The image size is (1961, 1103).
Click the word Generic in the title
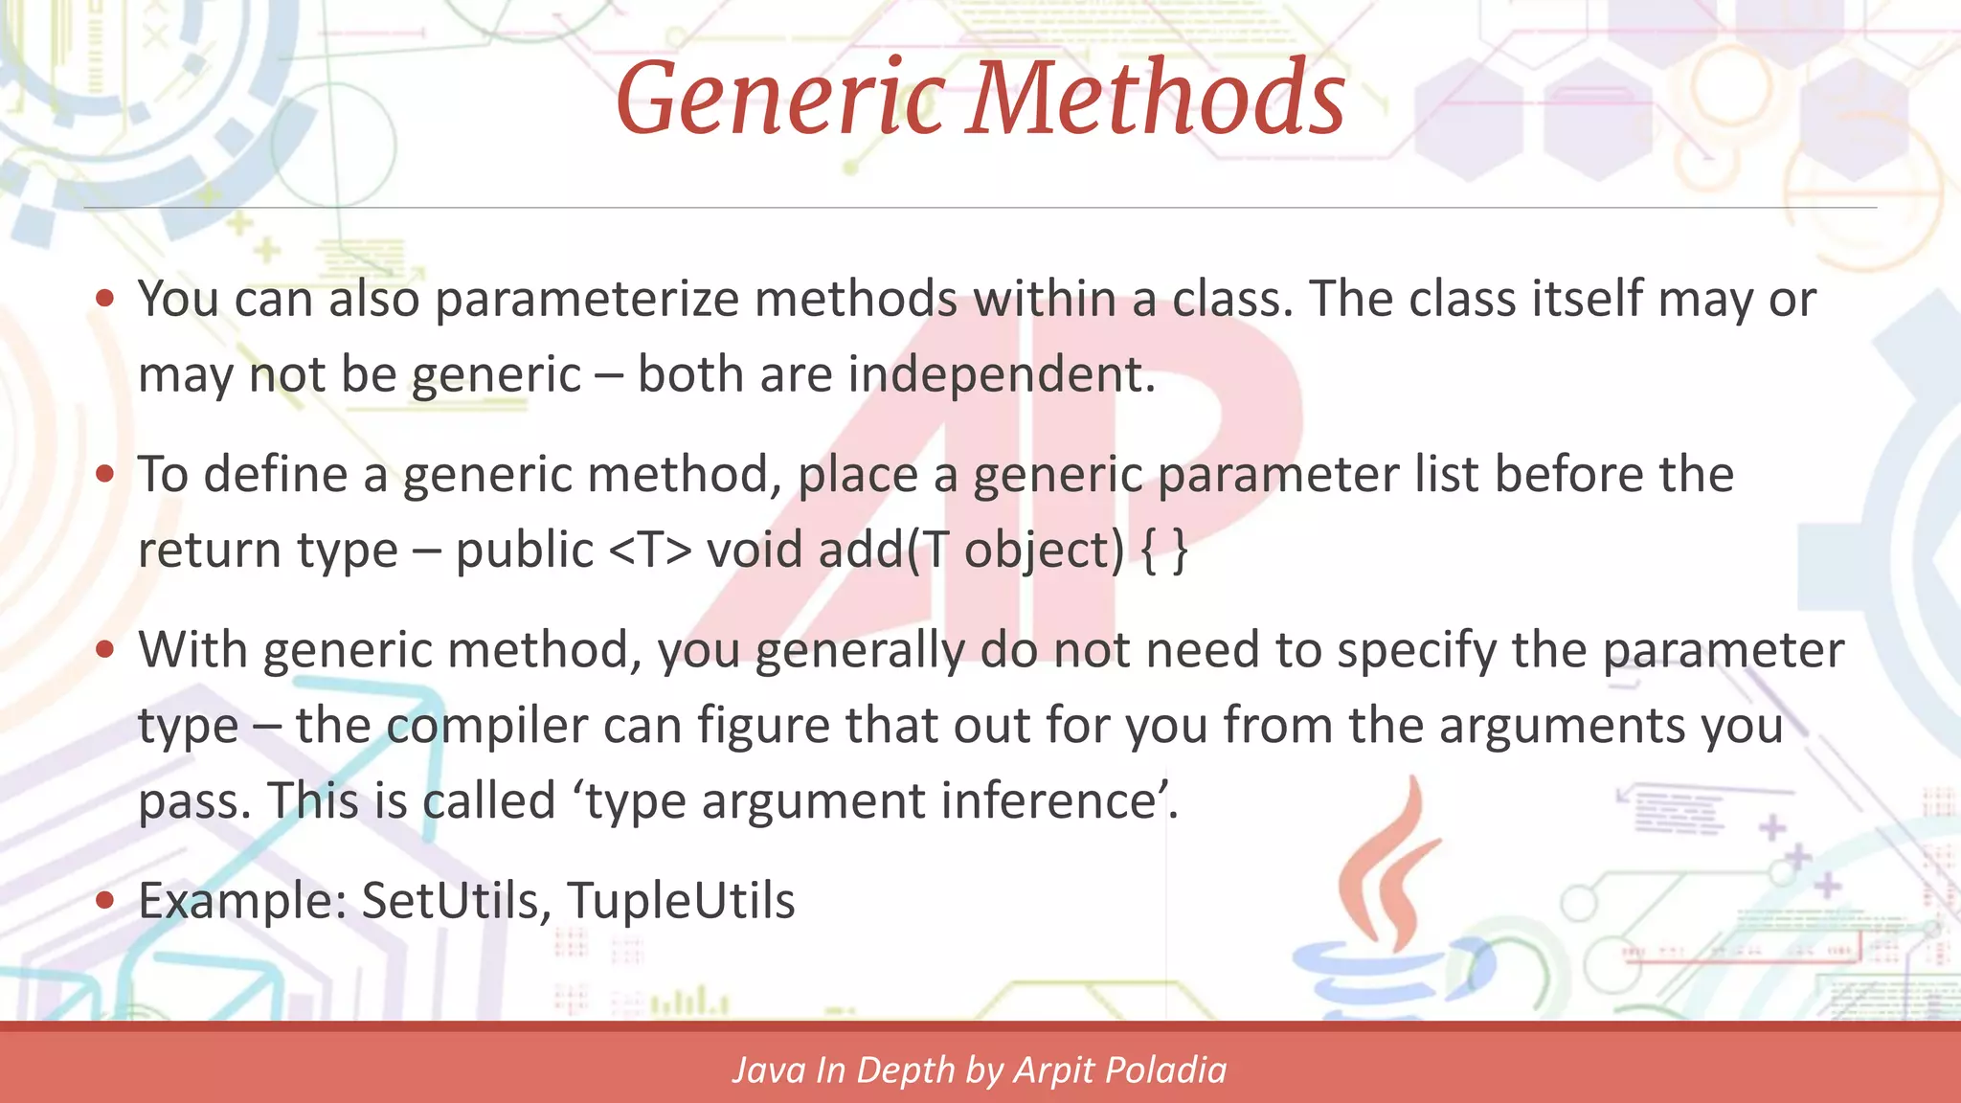[780, 99]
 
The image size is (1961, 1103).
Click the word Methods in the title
[1156, 99]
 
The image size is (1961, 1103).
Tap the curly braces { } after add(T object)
[1165, 551]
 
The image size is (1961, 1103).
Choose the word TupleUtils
[681, 901]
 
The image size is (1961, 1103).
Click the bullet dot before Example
[105, 901]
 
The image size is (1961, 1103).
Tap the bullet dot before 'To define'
[105, 474]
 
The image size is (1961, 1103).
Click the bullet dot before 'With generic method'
[105, 650]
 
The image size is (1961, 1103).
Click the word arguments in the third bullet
[1562, 726]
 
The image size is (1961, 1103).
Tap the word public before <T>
[524, 551]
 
